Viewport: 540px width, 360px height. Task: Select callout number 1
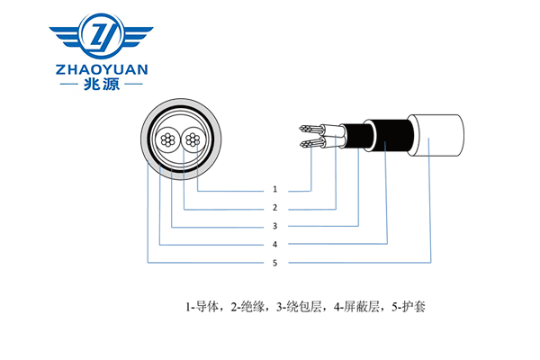pos(274,190)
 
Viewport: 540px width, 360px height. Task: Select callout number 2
pos(274,208)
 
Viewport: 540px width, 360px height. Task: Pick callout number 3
pos(274,226)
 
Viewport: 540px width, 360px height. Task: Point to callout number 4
pos(274,244)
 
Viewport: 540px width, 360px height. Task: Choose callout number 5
pos(274,262)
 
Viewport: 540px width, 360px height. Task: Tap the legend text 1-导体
pos(204,307)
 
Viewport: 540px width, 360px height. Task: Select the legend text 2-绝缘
pos(247,307)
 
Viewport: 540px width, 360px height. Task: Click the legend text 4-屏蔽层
pos(352,307)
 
